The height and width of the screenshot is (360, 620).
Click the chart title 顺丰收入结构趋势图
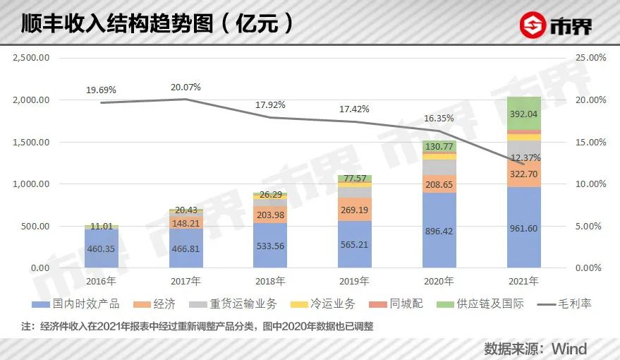click(124, 24)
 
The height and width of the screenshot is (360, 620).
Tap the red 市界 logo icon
click(534, 26)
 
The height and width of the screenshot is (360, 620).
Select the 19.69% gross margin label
click(101, 90)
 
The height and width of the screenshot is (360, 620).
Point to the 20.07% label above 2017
click(186, 87)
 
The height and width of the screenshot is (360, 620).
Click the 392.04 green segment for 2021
click(524, 114)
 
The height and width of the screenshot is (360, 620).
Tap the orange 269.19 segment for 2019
click(355, 210)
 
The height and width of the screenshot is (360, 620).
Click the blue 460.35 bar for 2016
click(101, 248)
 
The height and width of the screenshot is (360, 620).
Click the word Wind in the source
click(569, 349)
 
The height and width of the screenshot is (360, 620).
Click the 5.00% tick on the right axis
click(591, 227)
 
